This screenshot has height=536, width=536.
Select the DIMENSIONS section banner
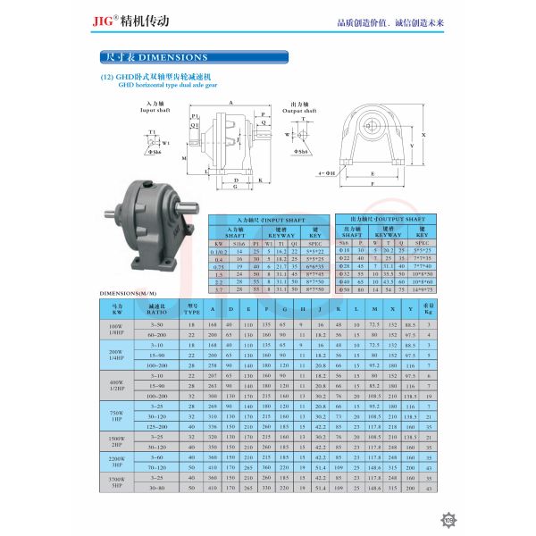pyautogui.click(x=155, y=57)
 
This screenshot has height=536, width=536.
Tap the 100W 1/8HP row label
pyautogui.click(x=116, y=327)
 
